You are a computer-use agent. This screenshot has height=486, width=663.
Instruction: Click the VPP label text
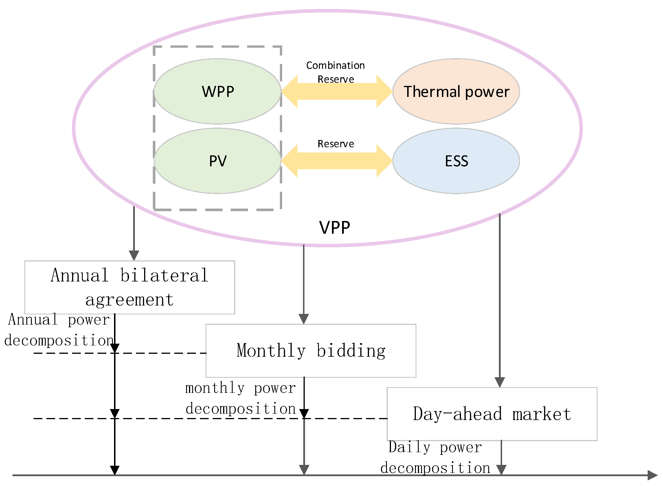coord(335,228)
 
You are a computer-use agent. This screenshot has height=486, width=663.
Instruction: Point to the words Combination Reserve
coord(335,72)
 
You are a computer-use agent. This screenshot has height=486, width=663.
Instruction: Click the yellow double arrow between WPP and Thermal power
coord(337,91)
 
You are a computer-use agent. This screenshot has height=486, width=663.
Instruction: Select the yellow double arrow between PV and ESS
coord(337,161)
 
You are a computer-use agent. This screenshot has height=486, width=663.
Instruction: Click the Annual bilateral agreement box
coord(129,288)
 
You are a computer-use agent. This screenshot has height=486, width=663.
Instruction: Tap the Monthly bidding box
coord(311,351)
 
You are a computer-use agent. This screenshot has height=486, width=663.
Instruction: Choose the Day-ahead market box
coord(492,414)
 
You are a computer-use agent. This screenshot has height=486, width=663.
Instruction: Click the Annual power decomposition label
coord(59,330)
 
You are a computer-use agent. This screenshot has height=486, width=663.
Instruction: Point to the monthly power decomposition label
coord(240,398)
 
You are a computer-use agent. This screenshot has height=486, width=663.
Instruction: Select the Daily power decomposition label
coord(435,457)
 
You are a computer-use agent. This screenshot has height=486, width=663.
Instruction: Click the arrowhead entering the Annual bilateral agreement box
coord(134,255)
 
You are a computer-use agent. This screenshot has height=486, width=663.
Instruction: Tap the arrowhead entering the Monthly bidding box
coord(304,319)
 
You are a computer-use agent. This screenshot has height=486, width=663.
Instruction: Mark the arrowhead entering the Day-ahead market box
coord(500,382)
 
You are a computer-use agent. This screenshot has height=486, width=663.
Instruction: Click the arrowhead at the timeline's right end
coord(653,475)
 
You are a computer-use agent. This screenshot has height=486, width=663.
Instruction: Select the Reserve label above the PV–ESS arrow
coord(336,144)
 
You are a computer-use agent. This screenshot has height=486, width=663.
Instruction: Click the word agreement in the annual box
coord(129,300)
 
